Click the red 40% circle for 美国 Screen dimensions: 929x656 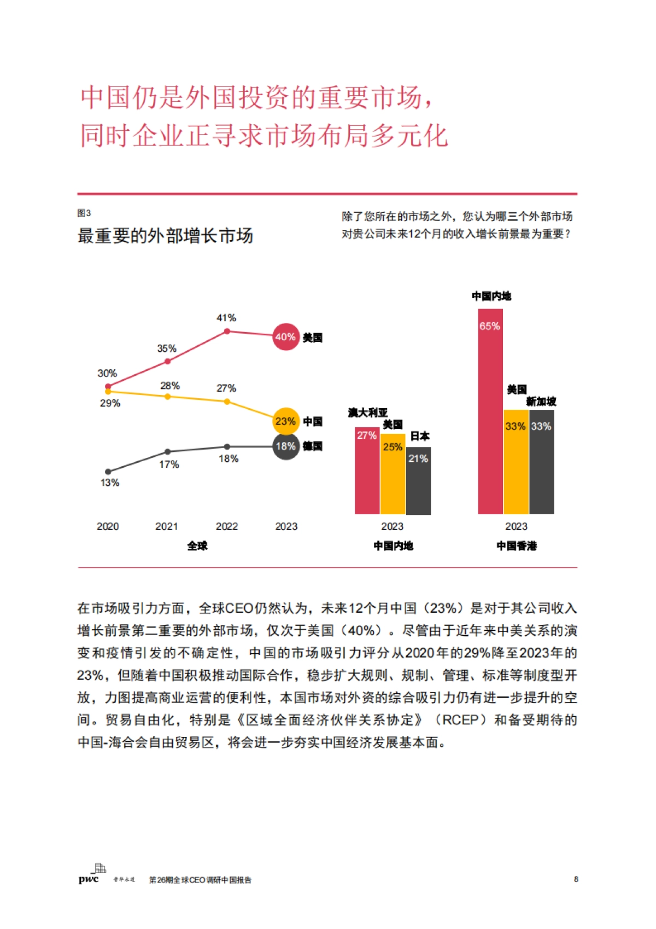286,337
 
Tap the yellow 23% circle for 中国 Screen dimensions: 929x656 286,421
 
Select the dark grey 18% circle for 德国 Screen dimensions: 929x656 286,446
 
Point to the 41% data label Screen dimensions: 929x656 226,318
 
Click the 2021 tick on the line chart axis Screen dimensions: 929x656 167,526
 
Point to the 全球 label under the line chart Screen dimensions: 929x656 197,546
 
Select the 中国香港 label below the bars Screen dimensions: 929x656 517,546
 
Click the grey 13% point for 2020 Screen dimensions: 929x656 108,472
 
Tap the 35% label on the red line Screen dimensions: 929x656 167,349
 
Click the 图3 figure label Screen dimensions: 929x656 84,213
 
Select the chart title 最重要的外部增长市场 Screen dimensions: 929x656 165,236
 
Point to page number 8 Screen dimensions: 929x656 576,879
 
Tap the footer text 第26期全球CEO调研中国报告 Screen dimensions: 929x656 200,880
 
